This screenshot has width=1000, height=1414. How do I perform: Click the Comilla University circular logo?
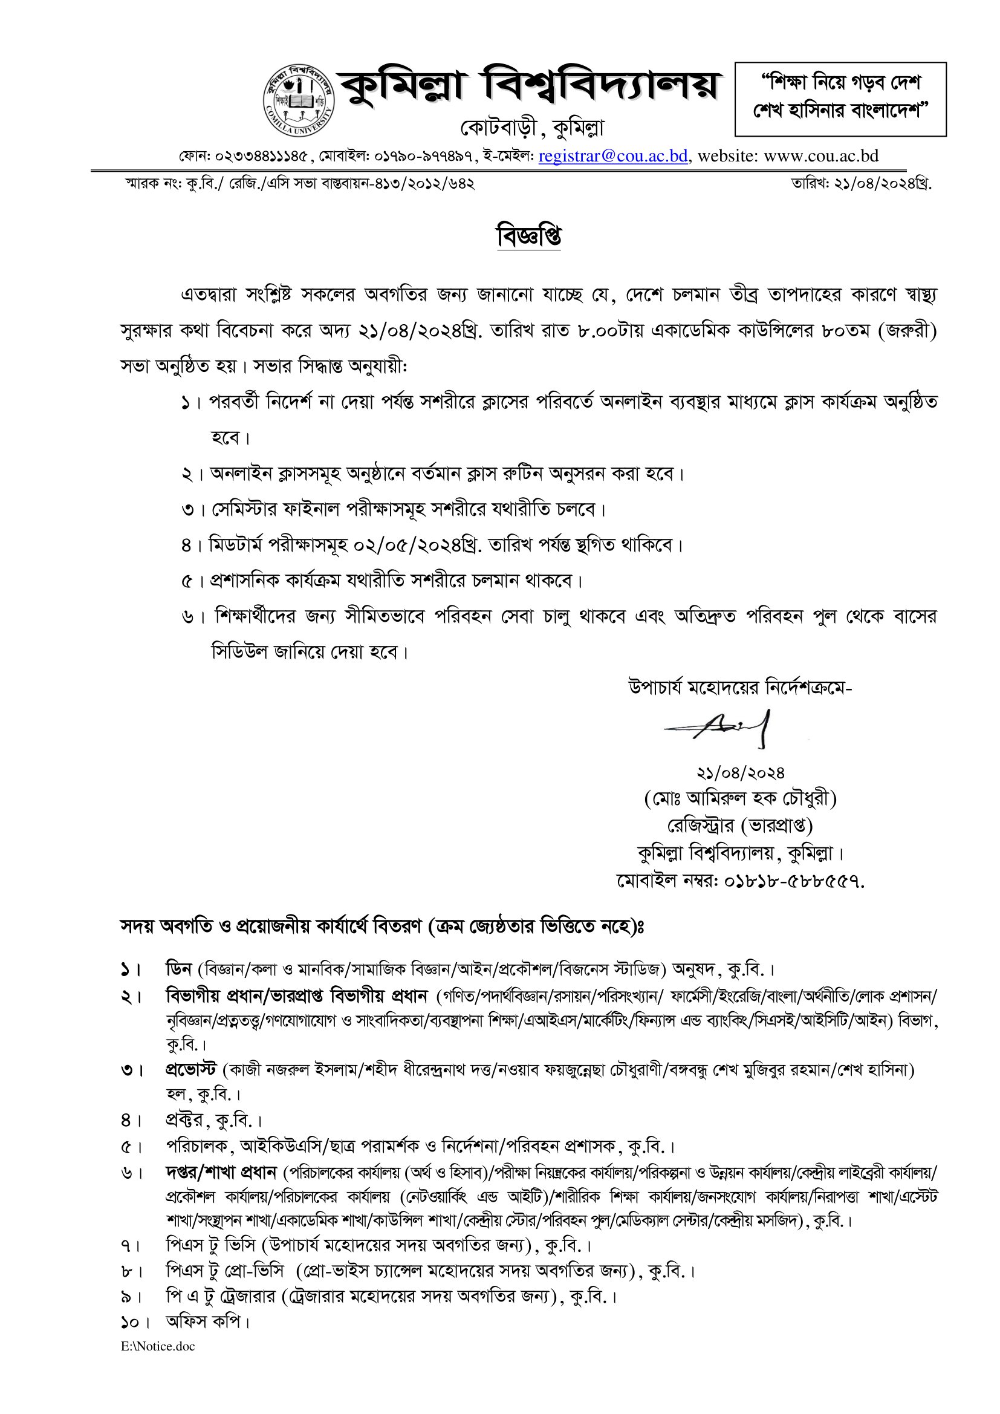point(299,100)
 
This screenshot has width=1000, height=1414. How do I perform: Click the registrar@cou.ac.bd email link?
point(612,156)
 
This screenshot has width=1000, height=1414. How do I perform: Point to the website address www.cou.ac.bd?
point(821,156)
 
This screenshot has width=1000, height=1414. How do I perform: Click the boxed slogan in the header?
point(840,99)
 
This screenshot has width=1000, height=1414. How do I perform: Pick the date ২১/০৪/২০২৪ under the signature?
point(740,772)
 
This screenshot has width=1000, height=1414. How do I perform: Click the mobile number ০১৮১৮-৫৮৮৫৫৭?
point(794,881)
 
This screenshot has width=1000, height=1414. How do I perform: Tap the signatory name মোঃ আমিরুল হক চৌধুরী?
point(740,799)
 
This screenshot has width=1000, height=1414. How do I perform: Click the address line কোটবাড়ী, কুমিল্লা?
point(532,129)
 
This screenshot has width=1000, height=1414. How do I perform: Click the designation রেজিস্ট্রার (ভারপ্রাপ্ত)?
point(740,826)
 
